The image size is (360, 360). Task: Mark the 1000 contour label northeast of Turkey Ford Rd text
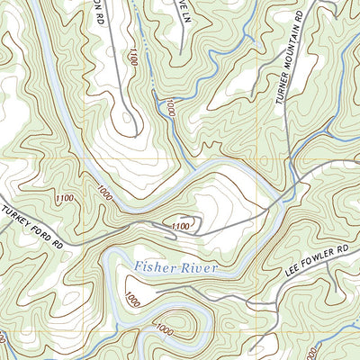(x=105, y=193)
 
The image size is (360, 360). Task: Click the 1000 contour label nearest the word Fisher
(x=132, y=298)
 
